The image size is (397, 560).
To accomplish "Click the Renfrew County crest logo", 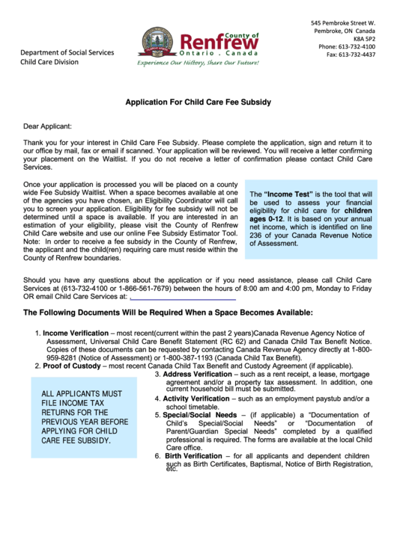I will pyautogui.click(x=158, y=42).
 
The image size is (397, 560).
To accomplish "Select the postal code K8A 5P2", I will pyautogui.click(x=364, y=38).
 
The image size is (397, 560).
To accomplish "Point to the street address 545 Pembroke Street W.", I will pyautogui.click(x=343, y=22).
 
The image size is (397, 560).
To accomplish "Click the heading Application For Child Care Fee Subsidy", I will pyautogui.click(x=198, y=102).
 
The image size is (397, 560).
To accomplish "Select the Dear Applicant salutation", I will pyautogui.click(x=48, y=126).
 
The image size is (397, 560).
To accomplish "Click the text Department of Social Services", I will pyautogui.click(x=67, y=52).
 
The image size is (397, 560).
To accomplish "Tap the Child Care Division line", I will pyautogui.click(x=49, y=62).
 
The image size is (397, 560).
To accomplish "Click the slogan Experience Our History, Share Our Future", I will pyautogui.click(x=198, y=64).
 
